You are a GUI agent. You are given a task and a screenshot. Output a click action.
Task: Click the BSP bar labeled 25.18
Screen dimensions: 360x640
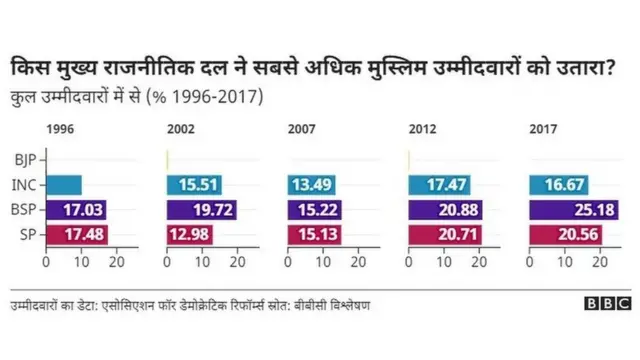tap(574, 210)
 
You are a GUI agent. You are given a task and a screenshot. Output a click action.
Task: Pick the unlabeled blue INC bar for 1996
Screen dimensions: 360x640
tap(63, 185)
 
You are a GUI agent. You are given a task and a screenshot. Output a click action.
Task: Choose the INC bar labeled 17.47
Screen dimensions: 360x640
tap(439, 185)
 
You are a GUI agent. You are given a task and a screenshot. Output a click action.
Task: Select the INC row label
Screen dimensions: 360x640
tap(25, 185)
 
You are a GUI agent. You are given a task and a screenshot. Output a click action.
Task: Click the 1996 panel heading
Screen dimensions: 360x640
tap(59, 130)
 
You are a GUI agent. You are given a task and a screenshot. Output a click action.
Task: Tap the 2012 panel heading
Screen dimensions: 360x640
tap(424, 130)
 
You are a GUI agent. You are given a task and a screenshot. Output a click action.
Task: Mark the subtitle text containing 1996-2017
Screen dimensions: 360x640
tap(136, 96)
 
